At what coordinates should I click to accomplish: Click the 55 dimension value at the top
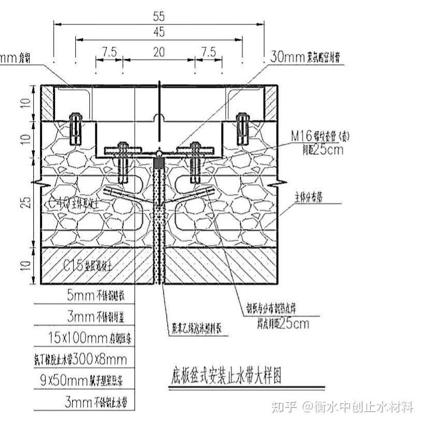pyautogui.click(x=159, y=16)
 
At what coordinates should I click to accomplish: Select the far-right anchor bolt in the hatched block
pyautogui.click(x=242, y=128)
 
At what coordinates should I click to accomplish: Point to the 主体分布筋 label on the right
pyautogui.click(x=311, y=198)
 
